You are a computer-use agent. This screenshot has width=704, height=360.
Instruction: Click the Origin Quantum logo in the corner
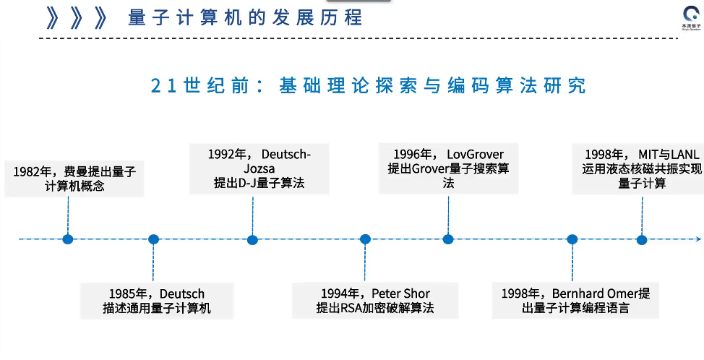pos(690,17)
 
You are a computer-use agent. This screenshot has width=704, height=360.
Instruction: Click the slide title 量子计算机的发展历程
pos(245,17)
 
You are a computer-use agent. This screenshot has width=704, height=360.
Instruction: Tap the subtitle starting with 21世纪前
pos(368,85)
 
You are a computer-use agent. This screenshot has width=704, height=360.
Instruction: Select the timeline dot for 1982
pos(68,239)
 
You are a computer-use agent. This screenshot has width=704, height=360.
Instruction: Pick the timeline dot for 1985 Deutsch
pos(153,239)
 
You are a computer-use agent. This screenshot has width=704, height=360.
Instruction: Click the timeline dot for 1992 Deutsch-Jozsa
pos(252,239)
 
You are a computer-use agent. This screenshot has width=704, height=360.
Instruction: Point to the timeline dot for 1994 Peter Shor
pos(365,239)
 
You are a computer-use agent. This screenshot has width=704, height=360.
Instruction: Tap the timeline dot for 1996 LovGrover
pos(448,239)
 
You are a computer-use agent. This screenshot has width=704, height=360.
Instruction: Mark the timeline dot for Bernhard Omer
pos(572,239)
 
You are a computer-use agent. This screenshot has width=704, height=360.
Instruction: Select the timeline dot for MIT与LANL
pos(641,239)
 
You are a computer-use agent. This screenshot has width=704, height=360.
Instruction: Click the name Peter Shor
pos(401,293)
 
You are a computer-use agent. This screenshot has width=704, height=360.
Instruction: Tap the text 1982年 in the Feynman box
pos(31,171)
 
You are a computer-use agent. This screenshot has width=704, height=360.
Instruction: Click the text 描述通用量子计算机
pos(157,309)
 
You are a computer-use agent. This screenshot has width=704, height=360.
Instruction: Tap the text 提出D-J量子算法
pos(259,183)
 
